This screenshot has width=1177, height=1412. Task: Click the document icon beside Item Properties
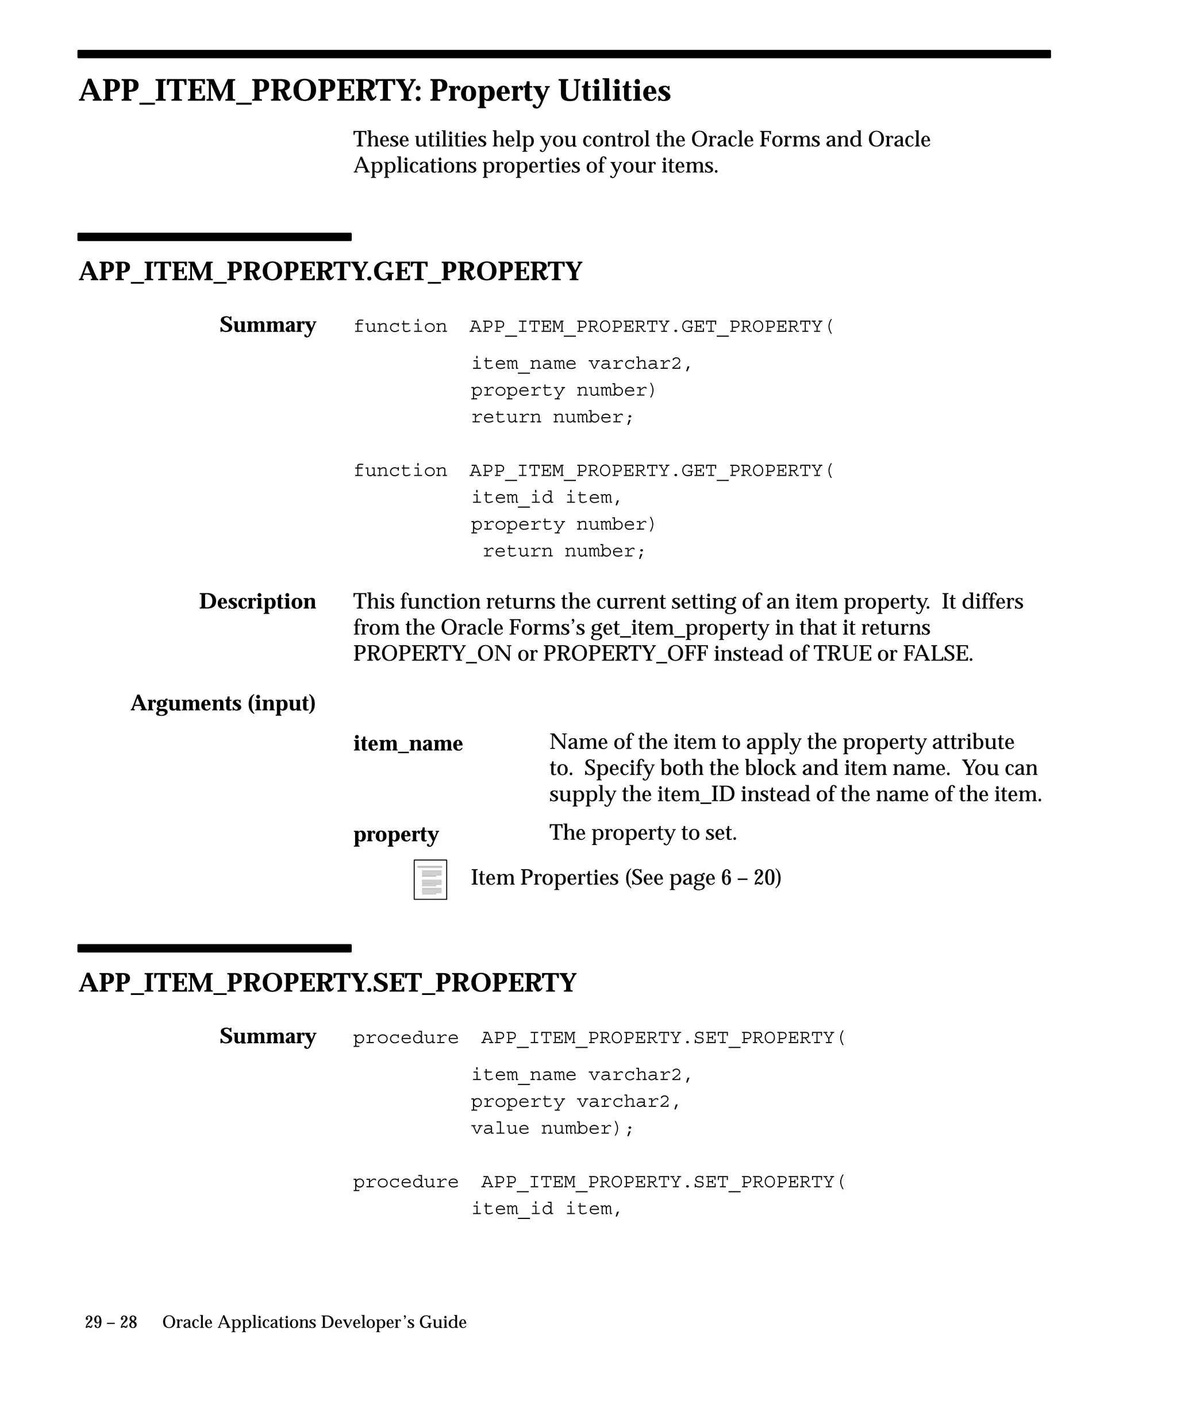tap(430, 879)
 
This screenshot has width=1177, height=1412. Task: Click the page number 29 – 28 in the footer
tap(111, 1322)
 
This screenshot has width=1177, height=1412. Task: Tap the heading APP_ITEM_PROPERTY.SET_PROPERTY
tap(328, 983)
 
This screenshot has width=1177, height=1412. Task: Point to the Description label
tap(257, 601)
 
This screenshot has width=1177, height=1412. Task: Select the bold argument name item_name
tap(407, 744)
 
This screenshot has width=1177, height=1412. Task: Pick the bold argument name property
tap(395, 835)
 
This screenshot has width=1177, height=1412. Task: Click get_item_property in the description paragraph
tap(679, 627)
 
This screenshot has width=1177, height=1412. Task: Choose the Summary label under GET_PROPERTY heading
tap(267, 325)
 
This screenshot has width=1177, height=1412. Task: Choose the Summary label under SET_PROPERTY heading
tap(267, 1036)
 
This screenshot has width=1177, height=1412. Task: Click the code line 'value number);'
tap(552, 1128)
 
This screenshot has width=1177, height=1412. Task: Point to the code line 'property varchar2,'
tap(576, 1101)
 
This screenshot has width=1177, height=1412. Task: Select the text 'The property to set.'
tap(643, 833)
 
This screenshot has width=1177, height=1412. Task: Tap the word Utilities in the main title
tap(614, 91)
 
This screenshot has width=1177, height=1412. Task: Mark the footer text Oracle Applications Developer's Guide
tap(314, 1322)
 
